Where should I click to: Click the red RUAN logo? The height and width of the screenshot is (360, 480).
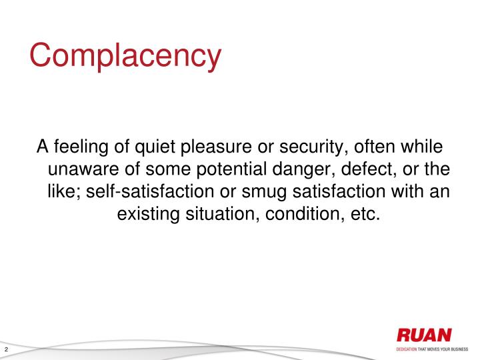click(x=423, y=335)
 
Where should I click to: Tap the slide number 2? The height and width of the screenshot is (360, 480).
click(x=6, y=351)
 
